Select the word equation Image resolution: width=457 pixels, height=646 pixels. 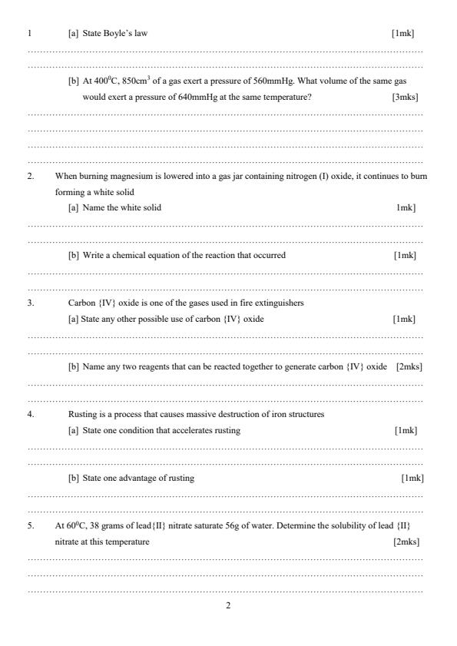point(161,256)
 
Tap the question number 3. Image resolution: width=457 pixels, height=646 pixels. point(31,303)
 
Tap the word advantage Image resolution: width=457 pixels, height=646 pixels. point(141,479)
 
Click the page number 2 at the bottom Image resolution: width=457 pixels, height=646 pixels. point(228,606)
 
